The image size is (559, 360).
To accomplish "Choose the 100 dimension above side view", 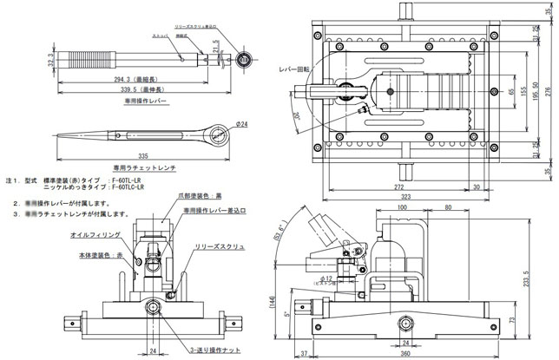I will [403, 209].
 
